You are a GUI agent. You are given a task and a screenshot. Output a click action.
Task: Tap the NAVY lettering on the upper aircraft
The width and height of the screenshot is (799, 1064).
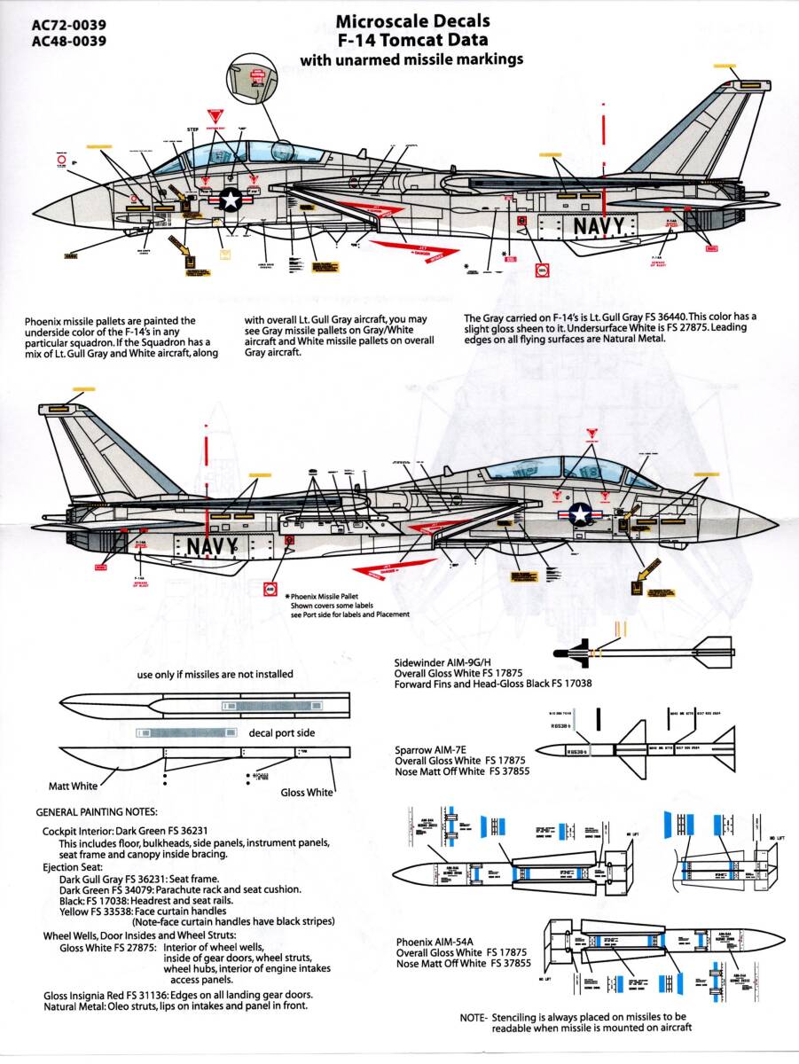click(x=599, y=226)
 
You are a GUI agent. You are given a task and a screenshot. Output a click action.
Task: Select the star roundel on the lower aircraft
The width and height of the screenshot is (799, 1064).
click(x=579, y=513)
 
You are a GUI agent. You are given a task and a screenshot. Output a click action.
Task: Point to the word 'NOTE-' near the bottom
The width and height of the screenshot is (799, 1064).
click(x=473, y=1017)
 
